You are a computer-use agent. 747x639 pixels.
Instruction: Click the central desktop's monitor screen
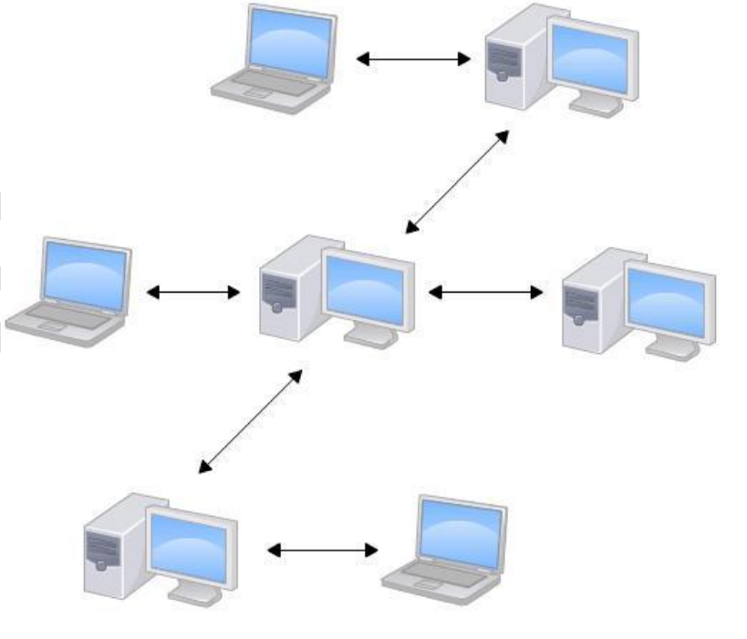(x=368, y=288)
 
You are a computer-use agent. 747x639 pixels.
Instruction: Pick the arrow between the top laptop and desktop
(x=412, y=59)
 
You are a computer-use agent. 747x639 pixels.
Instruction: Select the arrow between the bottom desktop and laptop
(x=324, y=550)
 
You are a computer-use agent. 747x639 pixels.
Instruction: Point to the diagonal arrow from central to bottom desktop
(x=250, y=422)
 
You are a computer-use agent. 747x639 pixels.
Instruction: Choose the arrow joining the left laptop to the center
(x=193, y=293)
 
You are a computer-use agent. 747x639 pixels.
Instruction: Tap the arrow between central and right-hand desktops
(x=485, y=293)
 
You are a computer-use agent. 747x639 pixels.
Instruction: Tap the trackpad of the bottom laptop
(x=429, y=579)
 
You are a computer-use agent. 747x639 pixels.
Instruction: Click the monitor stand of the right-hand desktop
(x=672, y=346)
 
